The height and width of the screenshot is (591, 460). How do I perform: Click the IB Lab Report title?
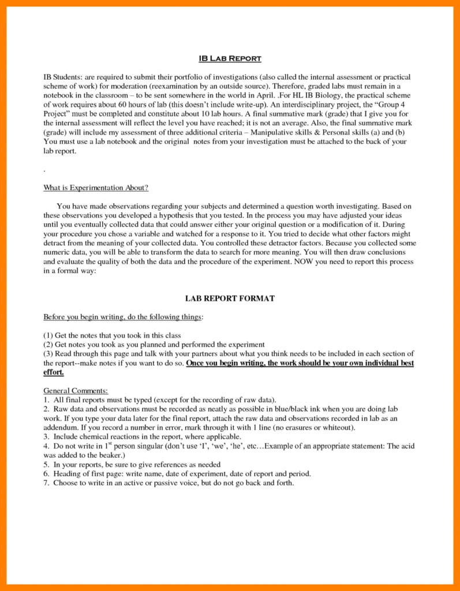229,58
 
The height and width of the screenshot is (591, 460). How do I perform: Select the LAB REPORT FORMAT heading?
230,298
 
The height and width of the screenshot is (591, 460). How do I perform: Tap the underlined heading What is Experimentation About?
96,188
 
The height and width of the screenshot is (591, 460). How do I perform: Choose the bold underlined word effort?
54,372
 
